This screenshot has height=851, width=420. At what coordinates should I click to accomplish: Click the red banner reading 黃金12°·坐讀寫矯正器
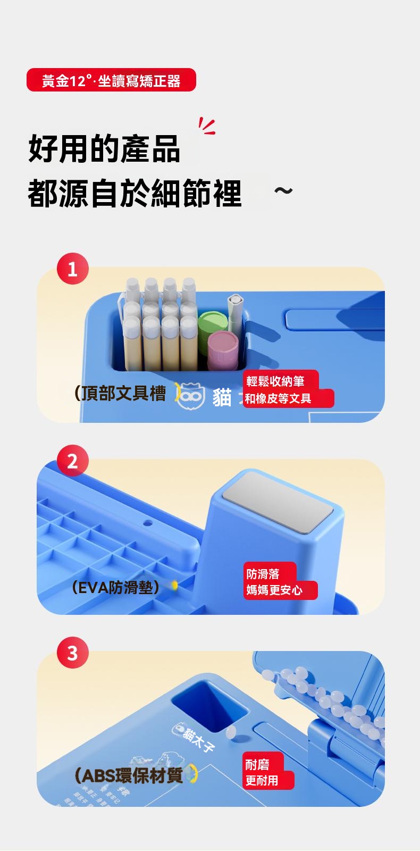pos(111,80)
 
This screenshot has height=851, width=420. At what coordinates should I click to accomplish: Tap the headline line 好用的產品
pos(104,148)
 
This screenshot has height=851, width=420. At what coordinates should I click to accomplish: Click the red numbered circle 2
pos(73,461)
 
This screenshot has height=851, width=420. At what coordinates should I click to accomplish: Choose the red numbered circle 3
pos(73,653)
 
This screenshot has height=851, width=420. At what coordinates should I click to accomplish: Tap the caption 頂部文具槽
pos(121,394)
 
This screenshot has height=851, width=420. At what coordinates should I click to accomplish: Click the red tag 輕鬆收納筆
pos(276,381)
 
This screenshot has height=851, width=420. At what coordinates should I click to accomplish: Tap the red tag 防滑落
pos(264,573)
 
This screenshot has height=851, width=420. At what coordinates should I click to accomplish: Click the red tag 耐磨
pos(258,764)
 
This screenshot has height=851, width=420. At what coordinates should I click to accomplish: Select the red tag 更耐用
pos(262,781)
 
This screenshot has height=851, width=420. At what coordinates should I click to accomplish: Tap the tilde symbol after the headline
pos(283,190)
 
